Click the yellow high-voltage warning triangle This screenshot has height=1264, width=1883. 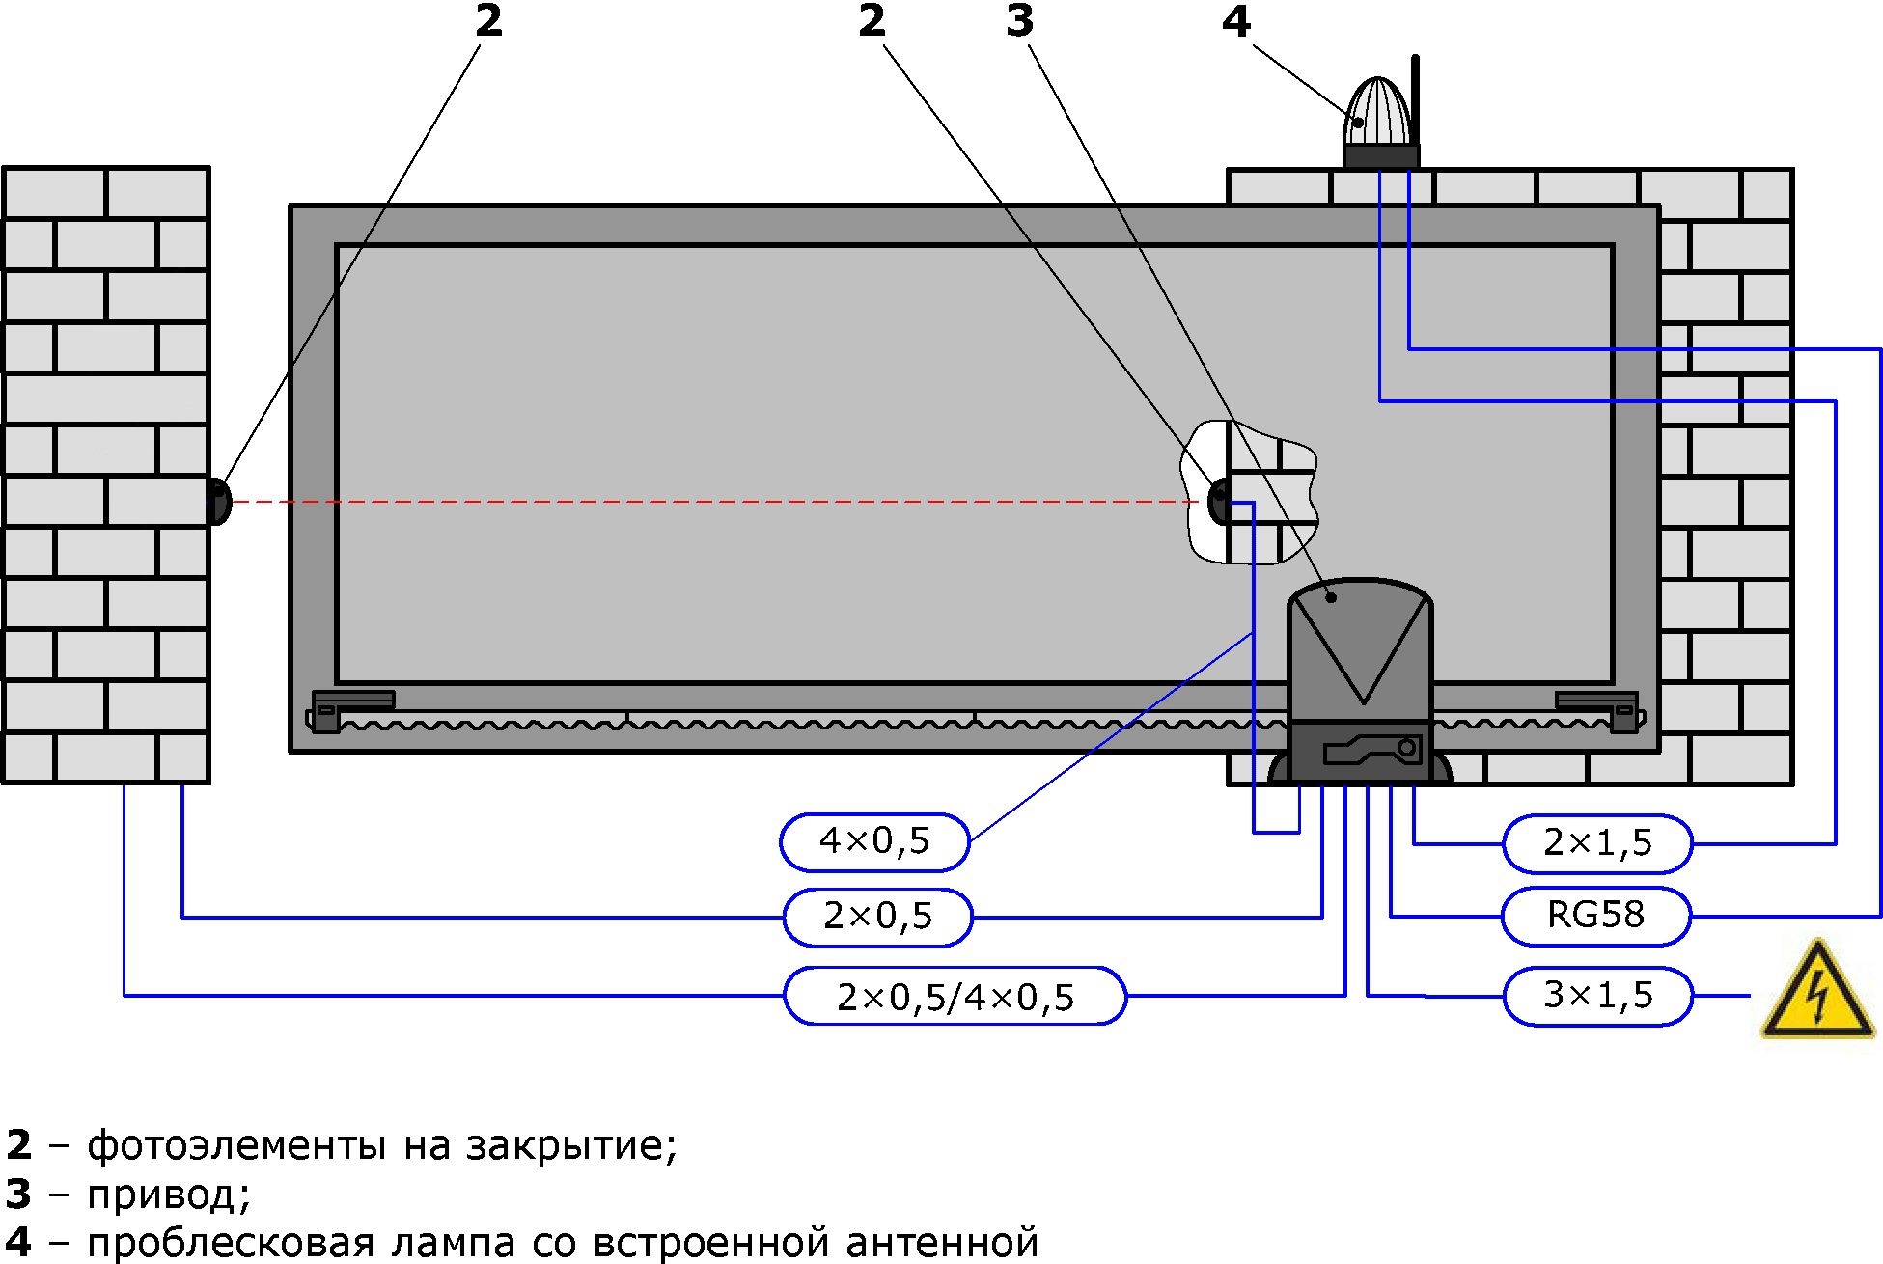point(1816,993)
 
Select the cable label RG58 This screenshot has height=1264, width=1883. point(1595,915)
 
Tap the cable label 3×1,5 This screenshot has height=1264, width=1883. point(1597,995)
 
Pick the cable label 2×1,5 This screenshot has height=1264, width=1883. point(1596,843)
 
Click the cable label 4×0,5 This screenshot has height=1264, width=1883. point(873,841)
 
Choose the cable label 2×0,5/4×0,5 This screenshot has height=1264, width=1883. point(955,997)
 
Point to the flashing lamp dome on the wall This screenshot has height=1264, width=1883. point(1378,114)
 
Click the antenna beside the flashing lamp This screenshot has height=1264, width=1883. point(1415,96)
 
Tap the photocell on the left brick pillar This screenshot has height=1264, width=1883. point(219,502)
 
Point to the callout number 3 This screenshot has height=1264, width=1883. point(1019,21)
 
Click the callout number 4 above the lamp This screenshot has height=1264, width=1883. point(1235,21)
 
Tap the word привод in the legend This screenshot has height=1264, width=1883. point(169,1195)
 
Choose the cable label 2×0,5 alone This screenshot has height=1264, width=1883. point(877,917)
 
